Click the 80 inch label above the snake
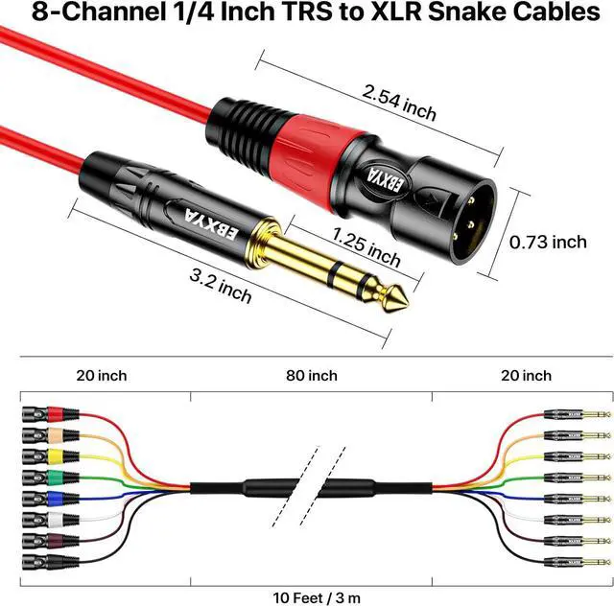(x=312, y=375)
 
